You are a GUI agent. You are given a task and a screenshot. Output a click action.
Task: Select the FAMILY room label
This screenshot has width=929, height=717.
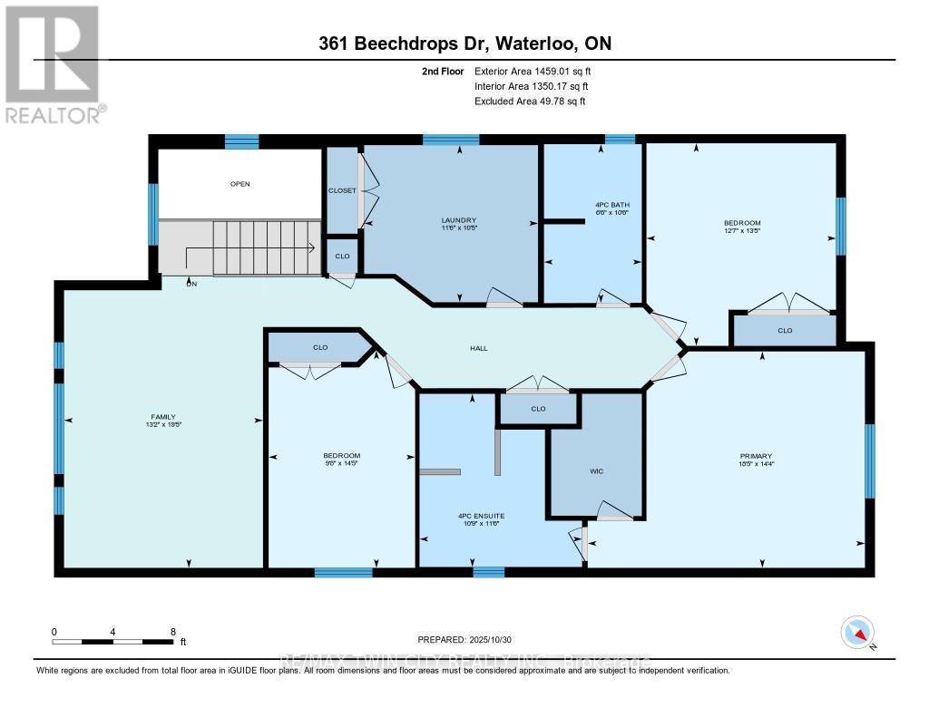pyautogui.click(x=164, y=417)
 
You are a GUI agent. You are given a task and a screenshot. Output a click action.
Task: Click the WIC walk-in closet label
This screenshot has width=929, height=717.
pyautogui.click(x=596, y=470)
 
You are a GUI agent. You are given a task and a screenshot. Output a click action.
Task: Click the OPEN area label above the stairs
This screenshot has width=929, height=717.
pyautogui.click(x=240, y=184)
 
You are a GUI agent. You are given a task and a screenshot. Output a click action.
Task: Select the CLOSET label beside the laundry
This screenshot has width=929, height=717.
pyautogui.click(x=342, y=190)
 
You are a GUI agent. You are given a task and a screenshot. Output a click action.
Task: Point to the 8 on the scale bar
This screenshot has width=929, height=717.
pyautogui.click(x=172, y=632)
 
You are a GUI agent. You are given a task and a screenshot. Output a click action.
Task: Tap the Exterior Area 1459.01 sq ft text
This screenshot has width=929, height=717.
pyautogui.click(x=533, y=71)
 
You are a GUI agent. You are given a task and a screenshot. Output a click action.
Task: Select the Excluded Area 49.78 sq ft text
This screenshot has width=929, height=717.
pyautogui.click(x=530, y=102)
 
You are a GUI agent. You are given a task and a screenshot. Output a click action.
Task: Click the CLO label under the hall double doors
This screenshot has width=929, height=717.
pyautogui.click(x=538, y=409)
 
